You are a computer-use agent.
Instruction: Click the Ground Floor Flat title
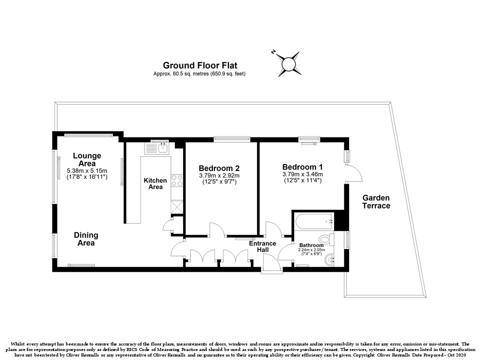pos(200,65)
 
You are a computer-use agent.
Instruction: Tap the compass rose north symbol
pos(288,64)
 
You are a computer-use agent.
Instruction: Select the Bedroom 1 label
pos(302,167)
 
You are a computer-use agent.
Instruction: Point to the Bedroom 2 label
pos(219,168)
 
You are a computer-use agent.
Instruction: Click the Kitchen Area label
pos(155,183)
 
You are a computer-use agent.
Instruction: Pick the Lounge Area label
pos(87,159)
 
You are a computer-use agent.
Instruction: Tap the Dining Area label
pos(86,239)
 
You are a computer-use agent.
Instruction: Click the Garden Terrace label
pos(376,201)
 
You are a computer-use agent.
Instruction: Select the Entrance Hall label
pos(262,246)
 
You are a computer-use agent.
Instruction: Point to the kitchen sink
pos(156,148)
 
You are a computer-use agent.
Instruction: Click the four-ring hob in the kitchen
pos(177,180)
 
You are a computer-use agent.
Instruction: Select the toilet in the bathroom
pos(326,239)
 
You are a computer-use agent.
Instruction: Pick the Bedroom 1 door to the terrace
pos(353,173)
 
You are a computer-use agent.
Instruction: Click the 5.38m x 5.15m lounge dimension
pos(87,170)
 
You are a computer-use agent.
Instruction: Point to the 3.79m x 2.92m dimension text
pos(219,175)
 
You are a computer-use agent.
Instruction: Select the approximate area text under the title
pos(199,74)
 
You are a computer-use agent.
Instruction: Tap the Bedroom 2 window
pos(231,139)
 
